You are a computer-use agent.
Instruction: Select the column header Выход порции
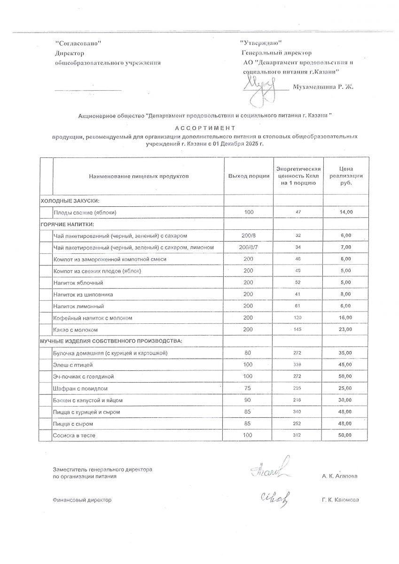pos(249,176)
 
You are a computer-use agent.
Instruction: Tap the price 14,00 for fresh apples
pos(345,212)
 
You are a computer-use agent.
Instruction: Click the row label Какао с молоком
pos(76,329)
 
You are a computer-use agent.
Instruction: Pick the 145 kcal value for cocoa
pos(298,329)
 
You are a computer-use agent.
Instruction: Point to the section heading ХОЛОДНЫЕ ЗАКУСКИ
pos(70,201)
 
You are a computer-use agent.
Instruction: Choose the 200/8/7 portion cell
pos(249,247)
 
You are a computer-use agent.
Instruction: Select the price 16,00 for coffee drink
pos(345,318)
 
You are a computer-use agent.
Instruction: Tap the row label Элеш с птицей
pos(73,365)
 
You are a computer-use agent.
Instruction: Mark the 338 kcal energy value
pos(298,365)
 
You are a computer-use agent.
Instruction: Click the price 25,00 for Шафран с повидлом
pos(345,388)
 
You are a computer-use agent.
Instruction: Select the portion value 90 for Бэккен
pos(249,400)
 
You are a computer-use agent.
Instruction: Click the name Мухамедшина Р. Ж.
pos(322,87)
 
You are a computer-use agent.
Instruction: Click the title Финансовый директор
pos(82,500)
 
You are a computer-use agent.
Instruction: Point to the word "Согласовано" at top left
pos(78,43)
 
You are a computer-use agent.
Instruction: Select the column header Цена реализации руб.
pos(345,176)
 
